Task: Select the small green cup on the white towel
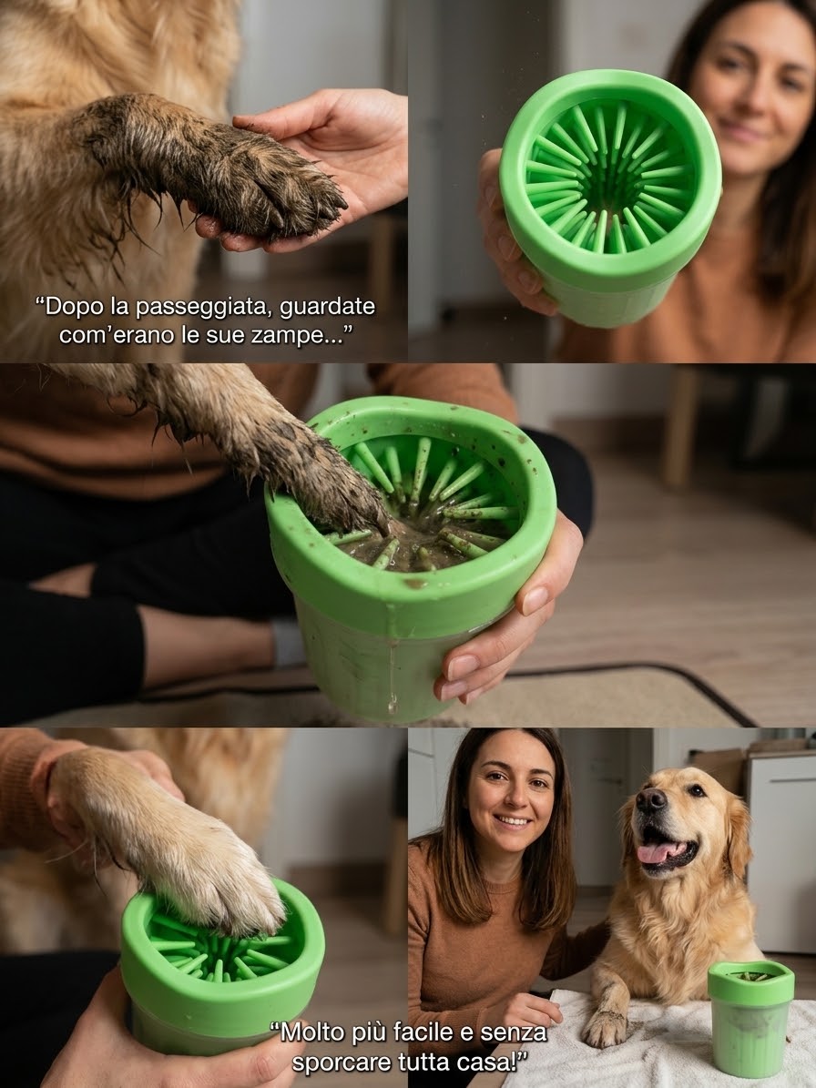click(x=750, y=1018)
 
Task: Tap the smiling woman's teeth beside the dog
click(x=513, y=820)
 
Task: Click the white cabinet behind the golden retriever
click(x=781, y=853)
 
